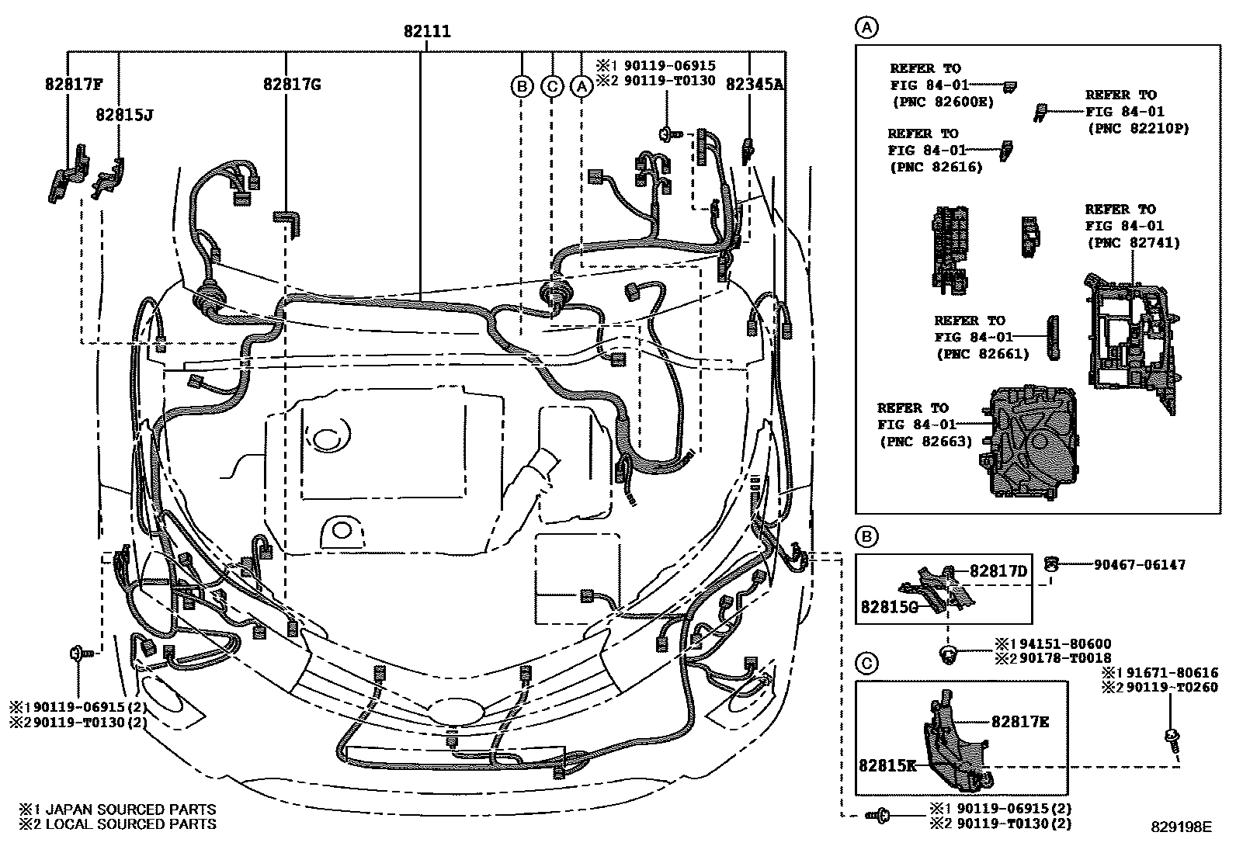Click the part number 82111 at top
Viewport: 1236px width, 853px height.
coord(427,32)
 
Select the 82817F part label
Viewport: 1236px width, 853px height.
coord(75,85)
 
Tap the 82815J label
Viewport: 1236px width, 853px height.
coord(124,115)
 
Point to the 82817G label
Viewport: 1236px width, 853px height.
coord(291,85)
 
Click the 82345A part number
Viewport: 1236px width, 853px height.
coord(755,85)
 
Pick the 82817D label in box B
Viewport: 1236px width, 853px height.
coord(998,572)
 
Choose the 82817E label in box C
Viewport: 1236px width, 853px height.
coord(1020,721)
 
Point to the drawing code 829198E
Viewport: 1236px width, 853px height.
coord(1181,827)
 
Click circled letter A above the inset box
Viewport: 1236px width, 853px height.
coord(866,29)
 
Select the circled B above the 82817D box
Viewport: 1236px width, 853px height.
coord(866,536)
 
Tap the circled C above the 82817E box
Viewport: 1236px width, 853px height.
coord(866,664)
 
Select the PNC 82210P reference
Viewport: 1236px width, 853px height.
coord(1137,128)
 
